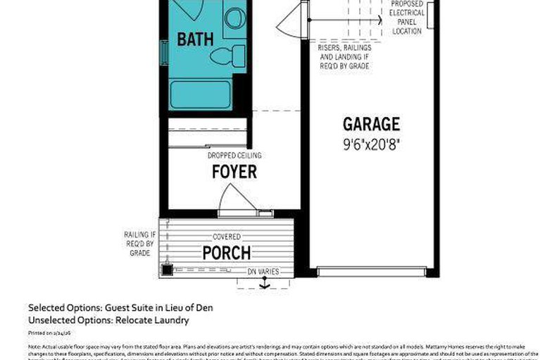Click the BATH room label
[x=196, y=39]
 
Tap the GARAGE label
[x=371, y=125]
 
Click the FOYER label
[x=234, y=172]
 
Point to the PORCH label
[x=227, y=252]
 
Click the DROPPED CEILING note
[x=234, y=155]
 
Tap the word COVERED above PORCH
[x=227, y=237]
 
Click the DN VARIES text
[x=263, y=271]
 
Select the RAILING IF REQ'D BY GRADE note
[x=137, y=244]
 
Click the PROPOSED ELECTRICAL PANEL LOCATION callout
[x=407, y=18]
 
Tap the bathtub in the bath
[x=201, y=94]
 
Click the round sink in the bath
[x=233, y=18]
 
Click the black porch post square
[x=167, y=269]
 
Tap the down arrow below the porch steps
[x=265, y=285]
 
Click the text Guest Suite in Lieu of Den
[x=158, y=308]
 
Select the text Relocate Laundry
[x=156, y=320]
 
